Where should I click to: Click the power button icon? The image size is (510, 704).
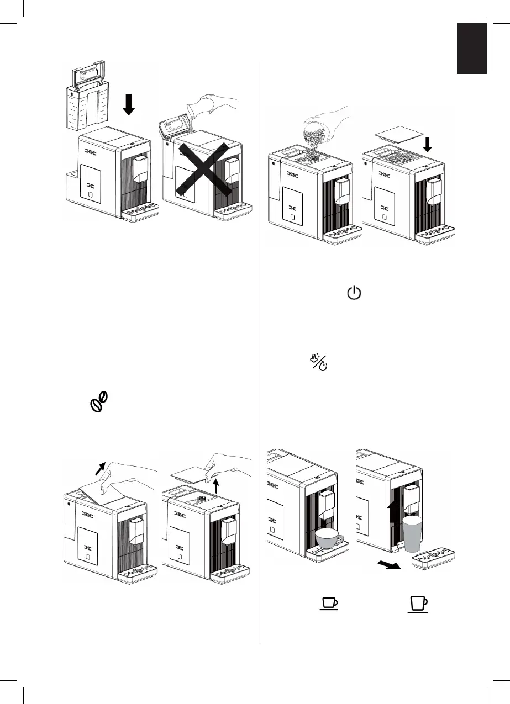(x=354, y=293)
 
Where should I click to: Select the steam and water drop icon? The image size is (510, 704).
(x=319, y=363)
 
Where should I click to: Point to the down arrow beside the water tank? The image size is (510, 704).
(x=129, y=103)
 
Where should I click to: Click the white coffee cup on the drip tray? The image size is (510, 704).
(x=328, y=537)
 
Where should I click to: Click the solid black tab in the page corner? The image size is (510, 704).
(x=471, y=49)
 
